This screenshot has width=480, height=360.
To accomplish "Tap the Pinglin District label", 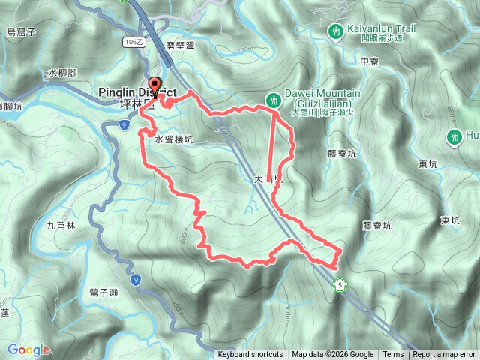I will [137, 92].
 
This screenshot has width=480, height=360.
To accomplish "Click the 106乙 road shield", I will [134, 43].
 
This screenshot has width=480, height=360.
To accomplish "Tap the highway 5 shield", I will [340, 284].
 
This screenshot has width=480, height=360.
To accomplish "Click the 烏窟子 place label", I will [22, 31].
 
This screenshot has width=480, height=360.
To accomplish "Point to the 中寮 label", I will [370, 61].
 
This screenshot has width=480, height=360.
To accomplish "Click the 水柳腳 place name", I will [62, 73].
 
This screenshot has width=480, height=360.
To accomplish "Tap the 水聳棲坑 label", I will [174, 139].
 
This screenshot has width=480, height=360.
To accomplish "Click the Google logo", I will [28, 349].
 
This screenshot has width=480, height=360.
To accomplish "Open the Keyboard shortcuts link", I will [250, 355].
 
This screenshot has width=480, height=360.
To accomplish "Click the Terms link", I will [393, 355].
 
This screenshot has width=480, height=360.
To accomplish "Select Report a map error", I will [445, 355].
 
